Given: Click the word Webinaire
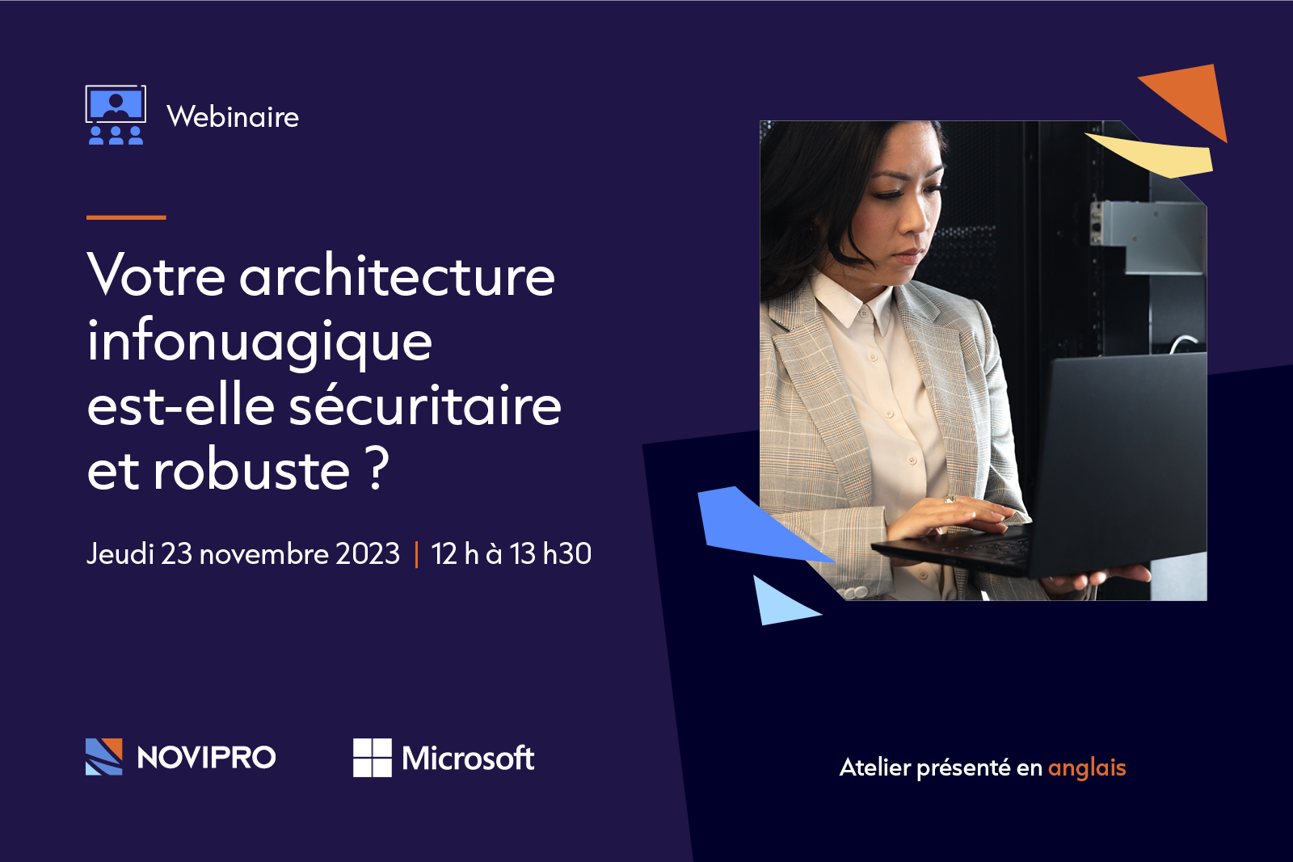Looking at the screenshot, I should point(233,117).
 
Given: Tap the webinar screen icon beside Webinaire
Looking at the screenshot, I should point(116,115).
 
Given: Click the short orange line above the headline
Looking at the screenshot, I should point(126,217).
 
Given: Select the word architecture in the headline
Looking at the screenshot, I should point(397,276).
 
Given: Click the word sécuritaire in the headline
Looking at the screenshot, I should point(425,406).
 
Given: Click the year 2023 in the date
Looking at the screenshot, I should point(368,554).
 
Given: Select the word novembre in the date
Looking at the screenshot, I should point(263,554).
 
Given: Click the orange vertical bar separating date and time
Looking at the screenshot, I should point(416,554).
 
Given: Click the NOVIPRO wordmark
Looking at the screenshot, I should point(206,758).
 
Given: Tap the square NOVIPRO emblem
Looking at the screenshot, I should point(104,757).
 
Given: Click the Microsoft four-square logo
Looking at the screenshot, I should point(372,758).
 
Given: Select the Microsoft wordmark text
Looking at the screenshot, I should point(468,759).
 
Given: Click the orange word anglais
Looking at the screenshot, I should point(1087,767).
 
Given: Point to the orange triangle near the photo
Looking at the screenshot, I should point(1192,97).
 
